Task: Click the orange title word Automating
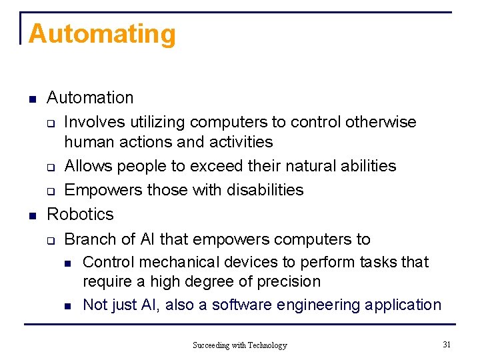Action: (102, 34)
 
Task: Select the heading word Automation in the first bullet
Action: (90, 98)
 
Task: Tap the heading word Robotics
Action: (80, 214)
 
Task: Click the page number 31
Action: (447, 344)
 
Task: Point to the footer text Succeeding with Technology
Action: (240, 345)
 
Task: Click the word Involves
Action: (91, 122)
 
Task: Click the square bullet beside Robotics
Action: (32, 215)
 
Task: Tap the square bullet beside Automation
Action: (32, 99)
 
